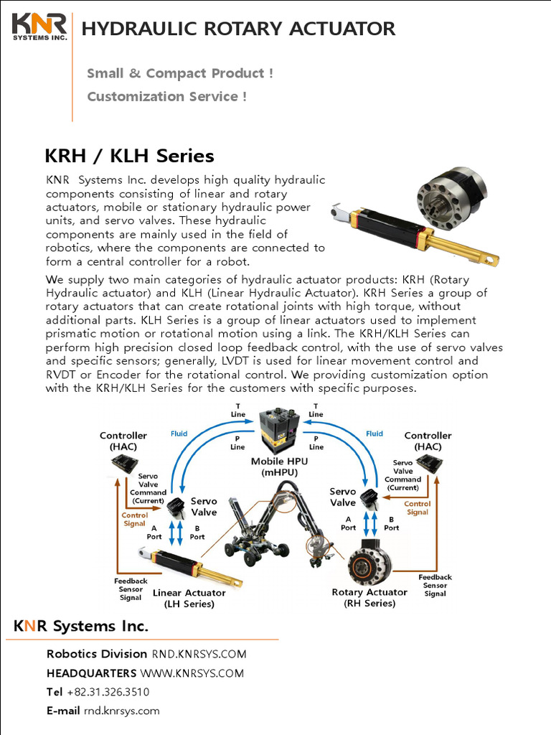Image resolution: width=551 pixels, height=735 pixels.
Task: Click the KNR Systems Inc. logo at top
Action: point(39,27)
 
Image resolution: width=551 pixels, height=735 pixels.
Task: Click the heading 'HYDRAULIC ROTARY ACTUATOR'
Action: point(238,29)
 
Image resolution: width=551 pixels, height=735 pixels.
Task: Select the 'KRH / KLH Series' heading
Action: point(129,156)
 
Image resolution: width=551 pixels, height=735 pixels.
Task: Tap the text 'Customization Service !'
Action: point(166,96)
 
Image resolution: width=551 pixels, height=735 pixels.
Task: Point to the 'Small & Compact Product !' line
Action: point(179,73)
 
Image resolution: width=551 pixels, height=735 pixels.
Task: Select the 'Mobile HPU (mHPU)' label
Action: point(274,467)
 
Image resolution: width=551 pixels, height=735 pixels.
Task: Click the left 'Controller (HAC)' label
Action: point(123,441)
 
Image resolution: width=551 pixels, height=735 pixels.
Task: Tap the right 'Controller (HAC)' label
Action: point(428,441)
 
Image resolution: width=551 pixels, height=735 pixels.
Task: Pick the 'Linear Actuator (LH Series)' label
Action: point(189,598)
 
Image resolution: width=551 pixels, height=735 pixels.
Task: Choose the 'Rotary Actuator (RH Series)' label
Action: point(369,597)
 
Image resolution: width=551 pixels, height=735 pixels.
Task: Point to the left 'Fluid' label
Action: point(179,434)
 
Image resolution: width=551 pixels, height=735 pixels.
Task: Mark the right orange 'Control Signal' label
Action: point(418,508)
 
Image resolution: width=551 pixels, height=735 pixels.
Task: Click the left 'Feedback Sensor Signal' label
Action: point(131,589)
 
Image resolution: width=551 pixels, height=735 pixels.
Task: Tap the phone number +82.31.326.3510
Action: point(108,692)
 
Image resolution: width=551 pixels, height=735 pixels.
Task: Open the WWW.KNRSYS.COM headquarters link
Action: point(192,673)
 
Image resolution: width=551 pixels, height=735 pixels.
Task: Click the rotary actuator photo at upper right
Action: point(452,198)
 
